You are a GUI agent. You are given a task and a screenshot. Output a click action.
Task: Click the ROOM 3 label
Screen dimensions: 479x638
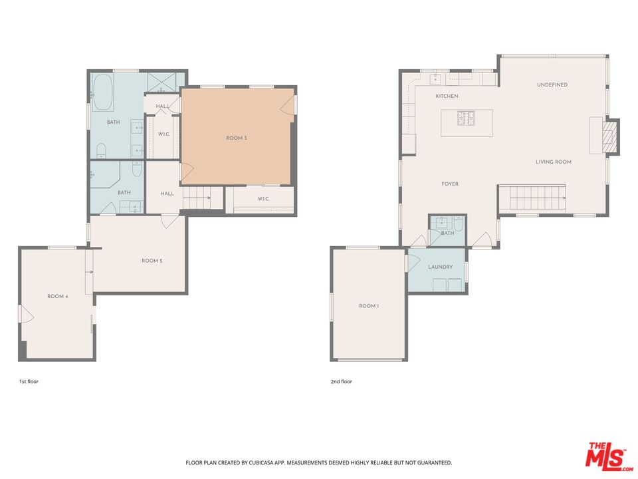click(236, 138)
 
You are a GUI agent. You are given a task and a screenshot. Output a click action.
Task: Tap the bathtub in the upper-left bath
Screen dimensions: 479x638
click(103, 92)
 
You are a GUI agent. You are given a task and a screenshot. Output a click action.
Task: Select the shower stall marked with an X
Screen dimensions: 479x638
click(162, 82)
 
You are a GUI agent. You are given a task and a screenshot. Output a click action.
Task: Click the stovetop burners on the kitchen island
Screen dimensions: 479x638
click(467, 118)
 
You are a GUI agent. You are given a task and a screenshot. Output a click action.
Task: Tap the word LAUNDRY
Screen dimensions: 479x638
click(440, 267)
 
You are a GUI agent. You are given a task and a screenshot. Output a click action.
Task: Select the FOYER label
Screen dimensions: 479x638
click(450, 184)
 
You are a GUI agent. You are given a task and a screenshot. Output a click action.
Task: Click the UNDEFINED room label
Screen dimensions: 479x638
click(552, 85)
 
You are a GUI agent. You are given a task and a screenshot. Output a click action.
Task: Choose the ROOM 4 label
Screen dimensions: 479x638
click(57, 296)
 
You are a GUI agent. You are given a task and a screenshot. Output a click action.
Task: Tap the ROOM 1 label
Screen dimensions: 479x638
click(369, 306)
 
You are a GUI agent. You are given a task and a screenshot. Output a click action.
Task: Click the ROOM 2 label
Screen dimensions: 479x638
click(152, 261)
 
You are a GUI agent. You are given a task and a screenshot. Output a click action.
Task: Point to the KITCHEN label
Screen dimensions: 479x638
click(447, 96)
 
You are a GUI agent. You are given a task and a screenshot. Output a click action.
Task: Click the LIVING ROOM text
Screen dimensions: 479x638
click(554, 162)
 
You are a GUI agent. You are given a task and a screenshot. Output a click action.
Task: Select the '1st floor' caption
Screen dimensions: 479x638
click(29, 382)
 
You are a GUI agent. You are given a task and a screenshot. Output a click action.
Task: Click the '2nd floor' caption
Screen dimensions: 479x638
click(341, 382)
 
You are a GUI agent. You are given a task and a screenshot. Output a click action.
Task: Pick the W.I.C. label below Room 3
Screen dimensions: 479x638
click(263, 199)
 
